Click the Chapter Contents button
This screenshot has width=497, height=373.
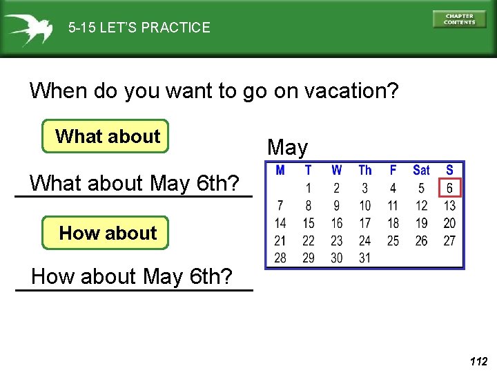(459, 19)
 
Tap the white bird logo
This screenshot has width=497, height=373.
(28, 28)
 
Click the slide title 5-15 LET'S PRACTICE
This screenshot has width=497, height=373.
(139, 28)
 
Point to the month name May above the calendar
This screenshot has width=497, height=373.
(287, 147)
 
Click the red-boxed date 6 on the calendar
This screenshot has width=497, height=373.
(449, 188)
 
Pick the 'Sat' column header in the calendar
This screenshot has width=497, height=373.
(421, 171)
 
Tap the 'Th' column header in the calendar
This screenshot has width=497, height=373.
(364, 171)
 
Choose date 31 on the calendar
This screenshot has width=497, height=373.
(364, 258)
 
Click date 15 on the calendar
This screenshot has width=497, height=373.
(309, 223)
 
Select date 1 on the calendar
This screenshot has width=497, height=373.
(309, 188)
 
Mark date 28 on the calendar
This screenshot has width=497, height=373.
(280, 258)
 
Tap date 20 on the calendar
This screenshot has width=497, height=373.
(449, 223)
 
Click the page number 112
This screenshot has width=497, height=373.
(478, 361)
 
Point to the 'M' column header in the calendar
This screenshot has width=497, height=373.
(280, 171)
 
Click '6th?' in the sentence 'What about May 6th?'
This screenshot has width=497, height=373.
(218, 184)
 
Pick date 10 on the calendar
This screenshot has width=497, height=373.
(364, 206)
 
